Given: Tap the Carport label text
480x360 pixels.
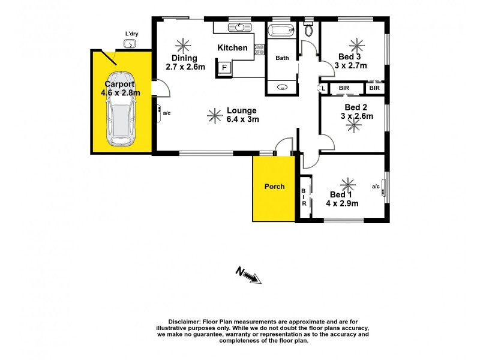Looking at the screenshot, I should click(119, 85).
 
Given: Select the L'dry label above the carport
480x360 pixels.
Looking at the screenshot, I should click(131, 34).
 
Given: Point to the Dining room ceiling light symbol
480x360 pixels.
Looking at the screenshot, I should click(181, 44).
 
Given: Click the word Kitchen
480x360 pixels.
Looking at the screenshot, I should click(232, 47).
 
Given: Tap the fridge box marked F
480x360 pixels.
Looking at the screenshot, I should click(225, 67).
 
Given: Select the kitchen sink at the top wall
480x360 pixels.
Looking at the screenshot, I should click(240, 27).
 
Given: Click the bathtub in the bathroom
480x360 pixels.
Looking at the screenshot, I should click(281, 31).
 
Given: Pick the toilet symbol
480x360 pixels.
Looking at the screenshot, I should click(308, 29).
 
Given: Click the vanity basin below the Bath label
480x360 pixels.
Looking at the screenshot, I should click(281, 88).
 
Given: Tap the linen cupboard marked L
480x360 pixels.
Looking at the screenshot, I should click(323, 88).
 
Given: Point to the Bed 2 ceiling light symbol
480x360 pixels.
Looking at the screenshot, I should click(352, 124).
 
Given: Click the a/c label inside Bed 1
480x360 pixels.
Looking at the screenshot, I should click(376, 187).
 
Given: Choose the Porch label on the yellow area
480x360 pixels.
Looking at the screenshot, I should click(275, 187).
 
